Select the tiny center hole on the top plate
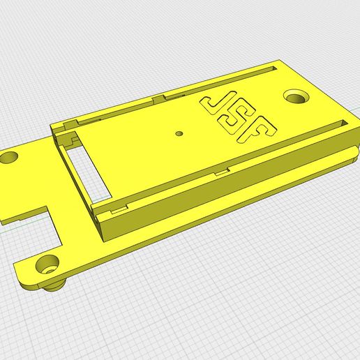(179, 131)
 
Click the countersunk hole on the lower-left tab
(48, 264)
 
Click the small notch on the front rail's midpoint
(222, 170)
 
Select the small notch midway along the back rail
(162, 98)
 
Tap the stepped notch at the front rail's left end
(117, 207)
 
